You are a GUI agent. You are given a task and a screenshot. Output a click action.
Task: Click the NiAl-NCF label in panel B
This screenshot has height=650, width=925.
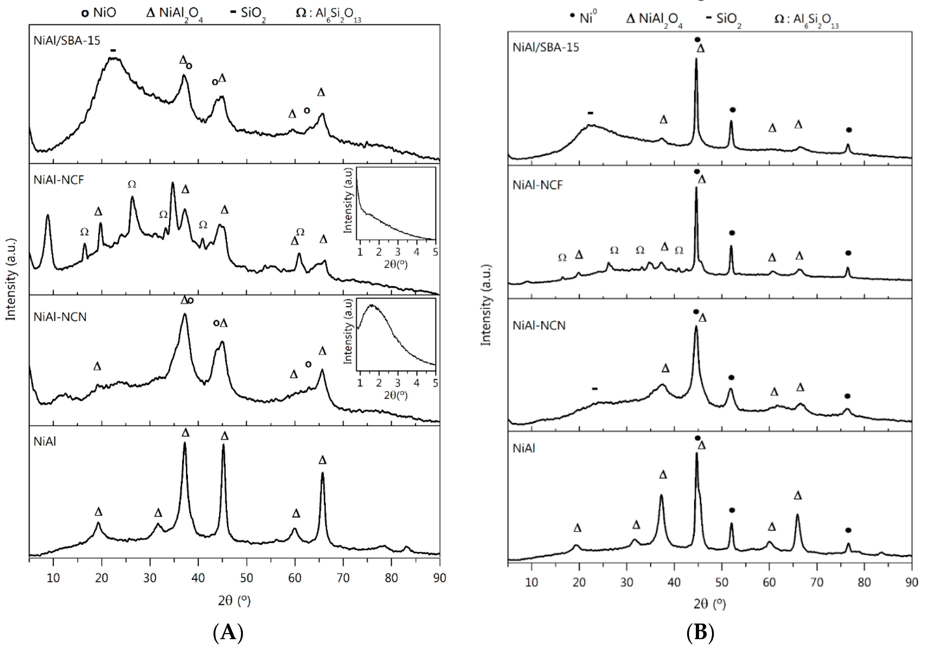point(537,185)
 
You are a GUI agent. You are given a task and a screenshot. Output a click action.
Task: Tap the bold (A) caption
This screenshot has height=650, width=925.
point(228,632)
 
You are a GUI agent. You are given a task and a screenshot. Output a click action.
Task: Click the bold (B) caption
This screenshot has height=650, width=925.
point(700,632)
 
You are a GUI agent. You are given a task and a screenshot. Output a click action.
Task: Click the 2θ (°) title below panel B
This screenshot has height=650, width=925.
point(709,604)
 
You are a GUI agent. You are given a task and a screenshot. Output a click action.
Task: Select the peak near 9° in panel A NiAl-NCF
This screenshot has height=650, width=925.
point(48,216)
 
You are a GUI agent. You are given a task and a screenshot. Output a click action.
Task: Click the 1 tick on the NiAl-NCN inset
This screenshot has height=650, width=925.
point(360,383)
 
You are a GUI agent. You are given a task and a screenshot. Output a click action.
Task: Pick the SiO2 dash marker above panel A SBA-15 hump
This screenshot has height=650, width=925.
point(113,50)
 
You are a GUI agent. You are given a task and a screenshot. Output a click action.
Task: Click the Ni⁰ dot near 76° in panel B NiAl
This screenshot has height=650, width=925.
point(848,530)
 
